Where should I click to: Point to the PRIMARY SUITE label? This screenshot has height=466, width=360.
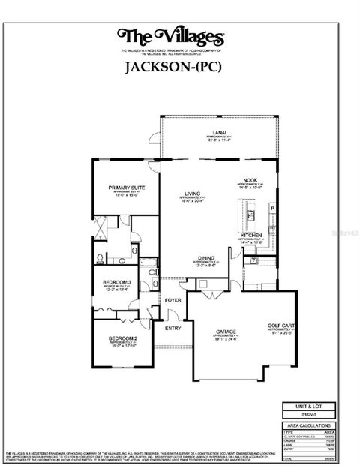coord(125,188)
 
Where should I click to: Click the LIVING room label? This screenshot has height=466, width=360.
coord(192,193)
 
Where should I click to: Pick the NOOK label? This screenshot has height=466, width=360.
coord(250,180)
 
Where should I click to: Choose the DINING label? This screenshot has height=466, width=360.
coord(207,256)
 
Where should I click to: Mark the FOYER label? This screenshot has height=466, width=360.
coord(174,300)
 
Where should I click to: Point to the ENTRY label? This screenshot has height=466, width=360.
coord(172,327)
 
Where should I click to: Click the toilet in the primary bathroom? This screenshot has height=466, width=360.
coord(100,258)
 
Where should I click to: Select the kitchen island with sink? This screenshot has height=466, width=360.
coord(244,218)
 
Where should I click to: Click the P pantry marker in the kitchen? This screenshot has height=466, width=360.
coord(273,208)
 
